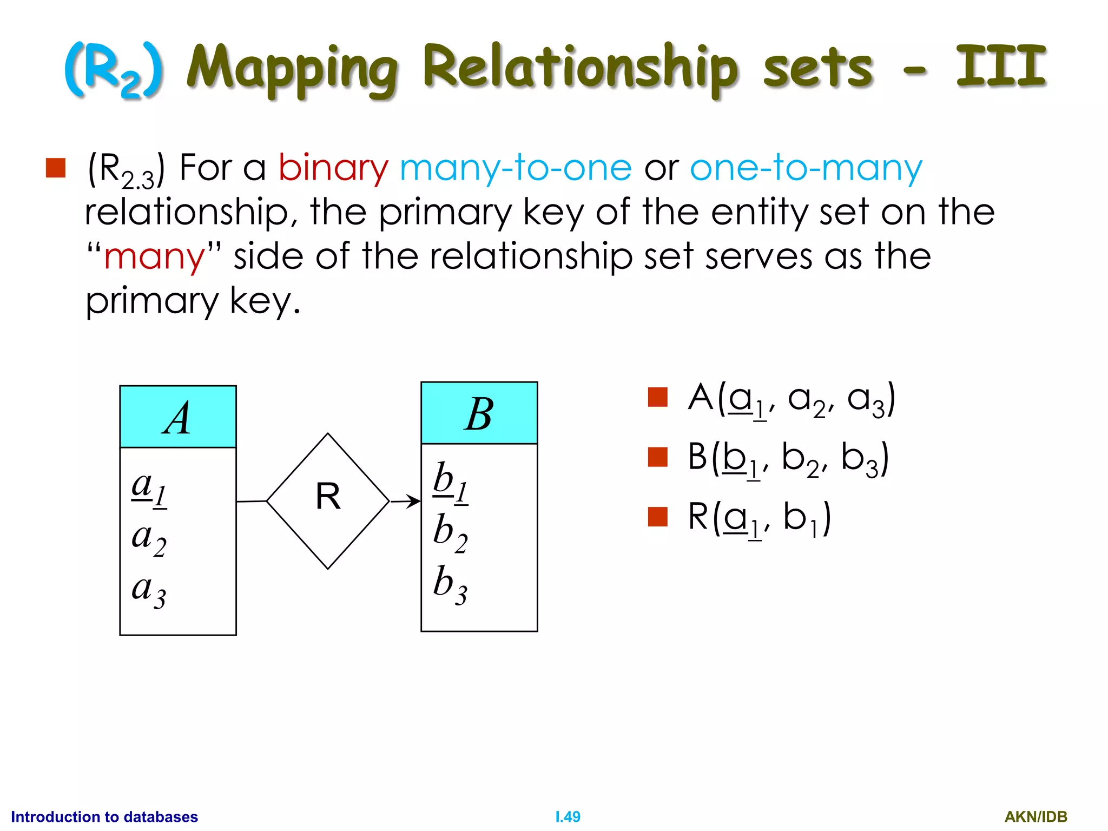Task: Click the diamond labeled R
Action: pyautogui.click(x=328, y=500)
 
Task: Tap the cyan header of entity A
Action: pyautogui.click(x=177, y=417)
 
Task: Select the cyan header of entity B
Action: pyautogui.click(x=479, y=413)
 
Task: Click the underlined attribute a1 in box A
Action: pyautogui.click(x=149, y=489)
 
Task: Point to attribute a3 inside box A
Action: pyautogui.click(x=149, y=591)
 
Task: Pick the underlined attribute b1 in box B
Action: pyautogui.click(x=450, y=483)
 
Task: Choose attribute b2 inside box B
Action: pyautogui.click(x=450, y=533)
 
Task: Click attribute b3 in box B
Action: pyautogui.click(x=450, y=585)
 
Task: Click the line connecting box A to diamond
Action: pyautogui.click(x=252, y=502)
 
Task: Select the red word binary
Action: pyautogui.click(x=333, y=168)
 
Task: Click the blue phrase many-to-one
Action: pyautogui.click(x=516, y=168)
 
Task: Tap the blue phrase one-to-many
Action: pyautogui.click(x=806, y=168)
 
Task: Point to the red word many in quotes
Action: pyautogui.click(x=154, y=257)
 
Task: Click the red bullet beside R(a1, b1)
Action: pyautogui.click(x=657, y=516)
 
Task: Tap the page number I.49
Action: pyautogui.click(x=568, y=816)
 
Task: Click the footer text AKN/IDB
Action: pyautogui.click(x=1036, y=816)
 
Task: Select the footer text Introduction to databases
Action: pyautogui.click(x=104, y=816)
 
